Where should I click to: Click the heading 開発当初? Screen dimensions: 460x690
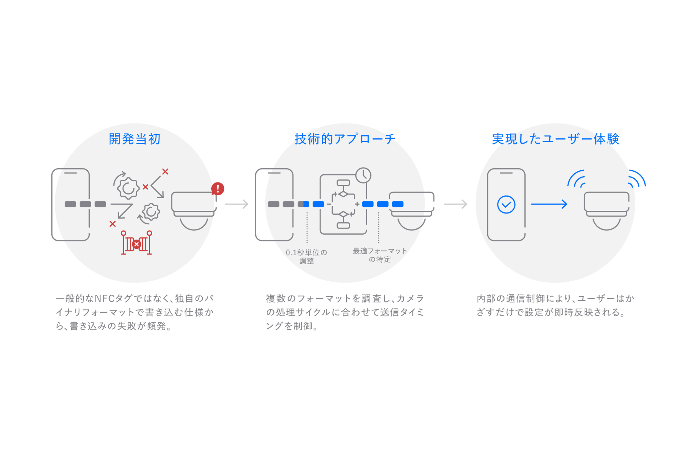pyautogui.click(x=135, y=139)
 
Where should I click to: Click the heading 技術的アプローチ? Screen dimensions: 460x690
pyautogui.click(x=345, y=139)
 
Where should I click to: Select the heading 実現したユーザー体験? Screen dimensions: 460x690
pyautogui.click(x=555, y=139)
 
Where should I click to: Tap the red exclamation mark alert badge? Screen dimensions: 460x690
pyautogui.click(x=218, y=189)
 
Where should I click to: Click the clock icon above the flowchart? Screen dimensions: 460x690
pyautogui.click(x=363, y=176)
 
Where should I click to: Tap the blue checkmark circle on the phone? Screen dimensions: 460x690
pyautogui.click(x=506, y=204)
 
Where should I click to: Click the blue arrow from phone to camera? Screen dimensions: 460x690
pyautogui.click(x=549, y=204)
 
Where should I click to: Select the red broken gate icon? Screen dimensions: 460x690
pyautogui.click(x=136, y=243)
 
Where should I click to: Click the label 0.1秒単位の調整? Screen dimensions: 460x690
pyautogui.click(x=306, y=256)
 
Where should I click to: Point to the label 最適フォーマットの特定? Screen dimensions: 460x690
pyautogui.click(x=379, y=255)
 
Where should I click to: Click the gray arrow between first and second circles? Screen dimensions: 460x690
pyautogui.click(x=237, y=204)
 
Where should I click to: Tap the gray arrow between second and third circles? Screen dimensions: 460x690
pyautogui.click(x=455, y=204)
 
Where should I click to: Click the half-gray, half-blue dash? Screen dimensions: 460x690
pyautogui.click(x=304, y=204)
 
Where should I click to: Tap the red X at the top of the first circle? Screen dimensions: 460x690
pyautogui.click(x=165, y=172)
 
